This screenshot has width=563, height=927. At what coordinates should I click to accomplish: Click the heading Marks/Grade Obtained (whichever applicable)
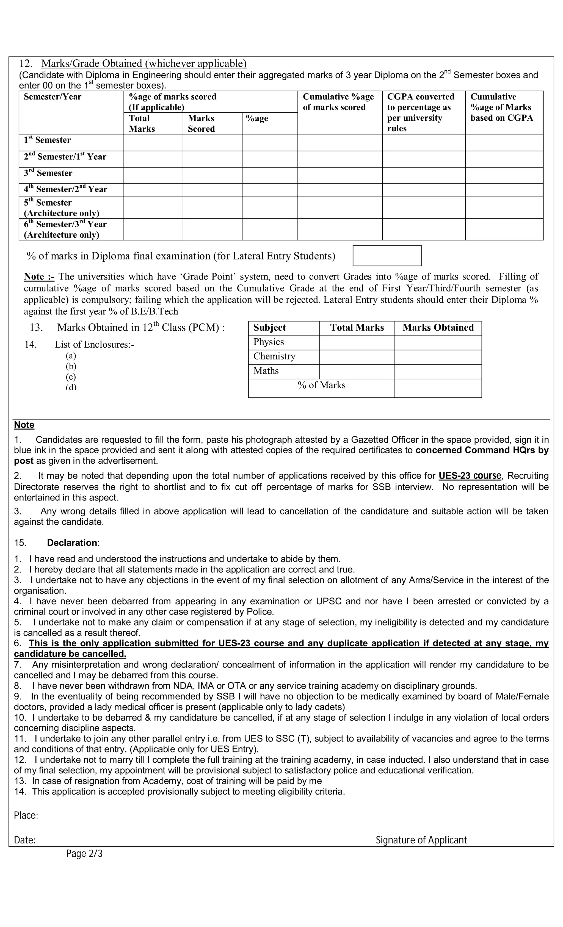pyautogui.click(x=144, y=63)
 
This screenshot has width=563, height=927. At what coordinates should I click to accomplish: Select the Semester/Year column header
pyautogui.click(x=53, y=97)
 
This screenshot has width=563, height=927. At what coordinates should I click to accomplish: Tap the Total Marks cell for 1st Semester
pyautogui.click(x=153, y=143)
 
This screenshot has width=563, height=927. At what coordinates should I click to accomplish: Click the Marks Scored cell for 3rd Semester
pyautogui.click(x=212, y=175)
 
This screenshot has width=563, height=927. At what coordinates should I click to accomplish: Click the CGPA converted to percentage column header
pyautogui.click(x=421, y=112)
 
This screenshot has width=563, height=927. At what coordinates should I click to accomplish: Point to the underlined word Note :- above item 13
pyautogui.click(x=39, y=276)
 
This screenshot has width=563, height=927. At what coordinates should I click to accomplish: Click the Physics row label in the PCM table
pyautogui.click(x=268, y=342)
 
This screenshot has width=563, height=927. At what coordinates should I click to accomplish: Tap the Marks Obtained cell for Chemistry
pyautogui.click(x=438, y=357)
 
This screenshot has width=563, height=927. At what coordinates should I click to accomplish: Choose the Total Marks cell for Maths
pyautogui.click(x=357, y=371)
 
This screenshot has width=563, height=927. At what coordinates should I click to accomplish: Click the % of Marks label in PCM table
pyautogui.click(x=321, y=385)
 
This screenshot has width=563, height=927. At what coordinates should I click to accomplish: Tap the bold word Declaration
pyautogui.click(x=72, y=543)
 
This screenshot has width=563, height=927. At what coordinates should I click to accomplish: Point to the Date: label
pyautogui.click(x=25, y=840)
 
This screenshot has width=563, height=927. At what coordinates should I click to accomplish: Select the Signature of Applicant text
pyautogui.click(x=421, y=840)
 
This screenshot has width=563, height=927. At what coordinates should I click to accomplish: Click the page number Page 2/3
pyautogui.click(x=84, y=854)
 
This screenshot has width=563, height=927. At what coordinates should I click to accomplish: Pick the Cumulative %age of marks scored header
pyautogui.click(x=338, y=102)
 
